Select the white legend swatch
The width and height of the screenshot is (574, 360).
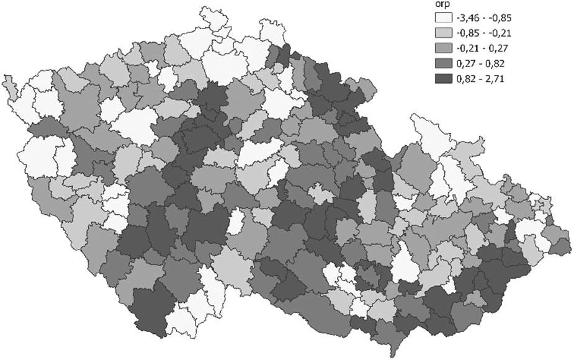point(443,18)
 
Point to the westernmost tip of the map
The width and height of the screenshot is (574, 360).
point(3,79)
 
